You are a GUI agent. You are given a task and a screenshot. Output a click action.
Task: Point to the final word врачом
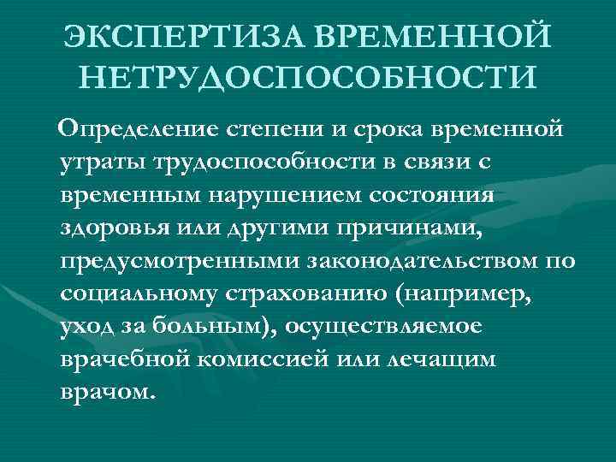(109, 392)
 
